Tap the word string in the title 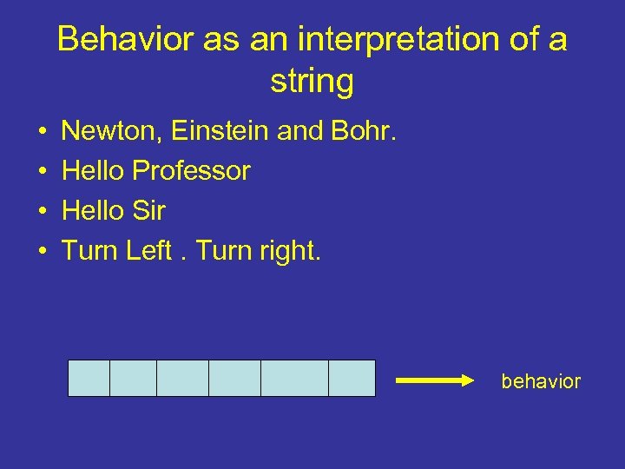click(x=312, y=83)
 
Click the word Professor click(x=191, y=171)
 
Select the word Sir click(x=148, y=211)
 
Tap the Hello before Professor click(x=94, y=171)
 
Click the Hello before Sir click(x=94, y=211)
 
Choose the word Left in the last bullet click(x=148, y=251)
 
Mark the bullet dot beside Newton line click(x=42, y=132)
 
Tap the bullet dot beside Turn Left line click(x=42, y=252)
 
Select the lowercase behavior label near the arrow click(x=541, y=381)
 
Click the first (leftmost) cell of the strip click(x=89, y=378)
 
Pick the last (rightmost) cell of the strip click(x=352, y=378)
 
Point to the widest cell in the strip click(x=294, y=378)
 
